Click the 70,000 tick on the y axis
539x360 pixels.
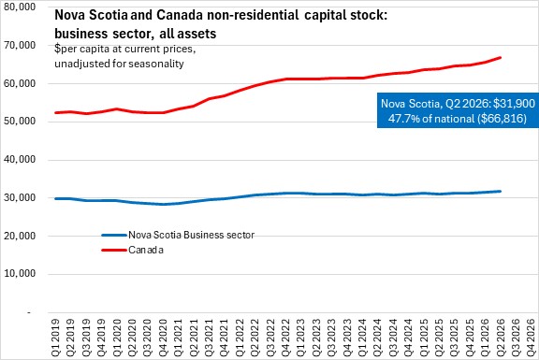pos(20,45)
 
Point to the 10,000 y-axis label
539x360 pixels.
pos(20,274)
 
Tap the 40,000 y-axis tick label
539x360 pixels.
pos(20,160)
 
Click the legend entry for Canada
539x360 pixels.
pos(146,250)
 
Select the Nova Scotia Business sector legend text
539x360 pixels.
pos(192,235)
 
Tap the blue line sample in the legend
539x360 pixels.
pos(114,236)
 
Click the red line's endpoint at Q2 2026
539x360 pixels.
pos(500,57)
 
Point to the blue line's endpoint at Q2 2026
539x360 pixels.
pos(500,192)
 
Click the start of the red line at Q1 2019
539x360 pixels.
pos(56,112)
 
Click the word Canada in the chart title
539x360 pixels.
pos(178,16)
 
